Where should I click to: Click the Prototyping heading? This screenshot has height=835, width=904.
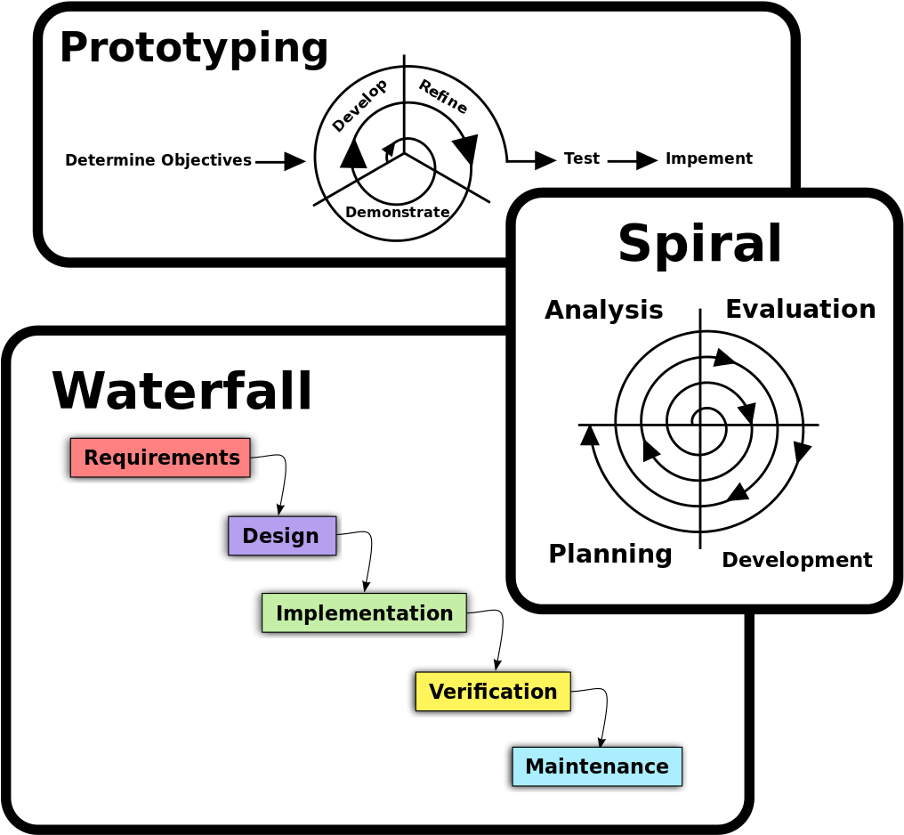click(194, 48)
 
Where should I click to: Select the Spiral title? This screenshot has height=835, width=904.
click(699, 244)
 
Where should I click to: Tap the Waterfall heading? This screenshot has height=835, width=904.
click(182, 392)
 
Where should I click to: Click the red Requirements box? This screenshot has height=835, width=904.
click(160, 458)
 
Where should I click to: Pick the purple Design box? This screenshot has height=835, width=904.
click(281, 536)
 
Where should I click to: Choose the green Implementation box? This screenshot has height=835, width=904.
click(364, 613)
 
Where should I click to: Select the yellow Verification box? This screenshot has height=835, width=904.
click(492, 692)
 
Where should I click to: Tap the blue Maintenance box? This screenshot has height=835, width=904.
click(596, 766)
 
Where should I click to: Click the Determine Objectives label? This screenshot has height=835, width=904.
click(158, 160)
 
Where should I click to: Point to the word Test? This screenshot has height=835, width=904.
click(582, 158)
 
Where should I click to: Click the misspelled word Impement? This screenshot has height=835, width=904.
click(709, 158)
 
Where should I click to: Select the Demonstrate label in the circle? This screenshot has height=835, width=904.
click(397, 212)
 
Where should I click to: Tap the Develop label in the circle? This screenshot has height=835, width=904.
click(359, 105)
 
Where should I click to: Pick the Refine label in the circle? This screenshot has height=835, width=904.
click(443, 97)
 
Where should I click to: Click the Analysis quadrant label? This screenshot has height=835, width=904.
click(603, 310)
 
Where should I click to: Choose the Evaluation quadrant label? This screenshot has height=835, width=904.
click(800, 309)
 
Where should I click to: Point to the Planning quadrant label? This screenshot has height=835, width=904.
click(609, 554)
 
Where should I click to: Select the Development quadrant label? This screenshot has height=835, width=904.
click(796, 560)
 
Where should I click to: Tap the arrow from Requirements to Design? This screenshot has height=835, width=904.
click(281, 481)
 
